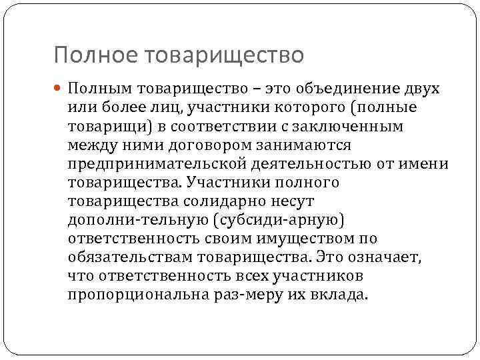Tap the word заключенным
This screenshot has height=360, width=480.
pyautogui.click(x=362, y=127)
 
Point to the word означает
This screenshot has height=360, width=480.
pyautogui.click(x=392, y=257)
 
